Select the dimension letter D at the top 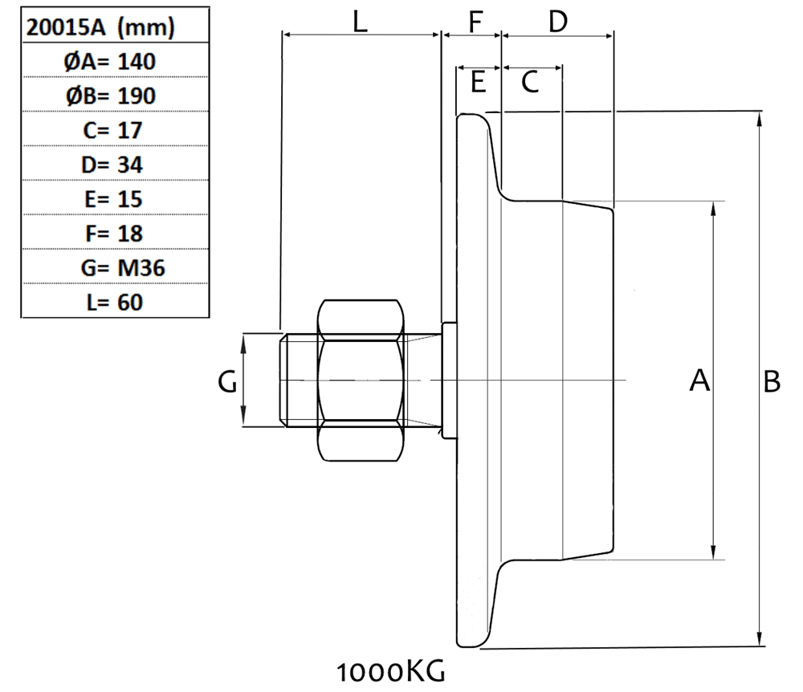point(557,22)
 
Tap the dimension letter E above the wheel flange point(478,81)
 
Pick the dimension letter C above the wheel point(530,81)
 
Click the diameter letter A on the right point(699,381)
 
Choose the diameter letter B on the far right point(771,381)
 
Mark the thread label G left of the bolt point(228,383)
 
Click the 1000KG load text point(390,670)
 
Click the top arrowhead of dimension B point(760,116)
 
